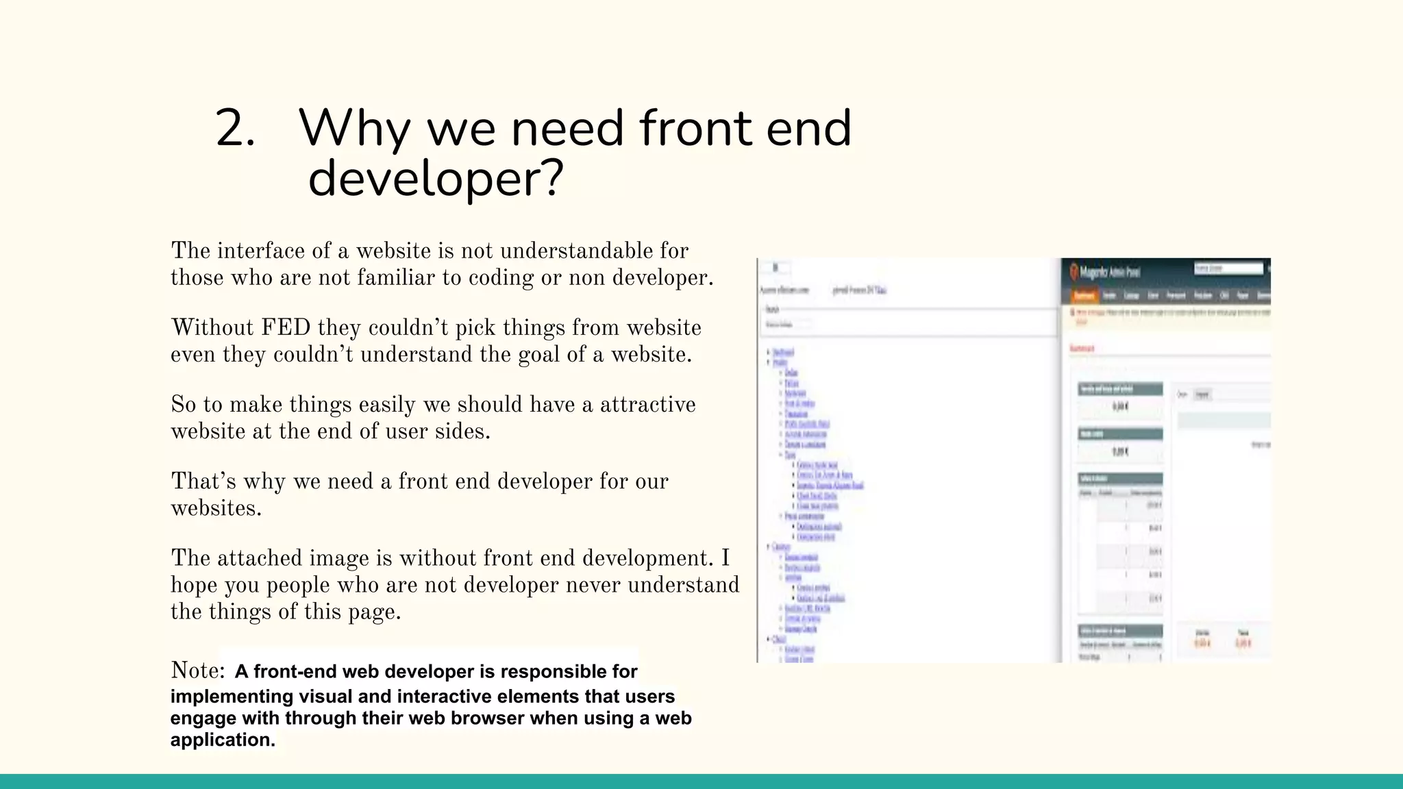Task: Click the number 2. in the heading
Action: click(x=234, y=129)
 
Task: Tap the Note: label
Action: click(x=197, y=670)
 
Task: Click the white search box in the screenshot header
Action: click(x=1228, y=268)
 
